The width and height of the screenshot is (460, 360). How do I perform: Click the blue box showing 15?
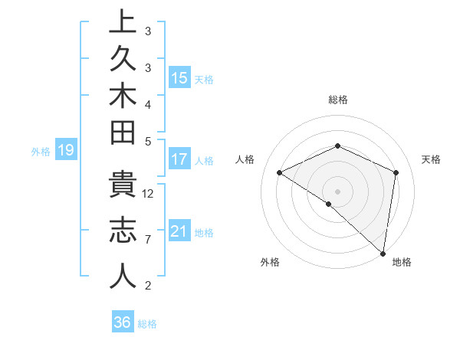tap(179, 78)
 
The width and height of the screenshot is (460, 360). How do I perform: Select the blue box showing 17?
tap(179, 160)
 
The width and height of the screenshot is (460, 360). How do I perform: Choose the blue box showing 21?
tap(179, 231)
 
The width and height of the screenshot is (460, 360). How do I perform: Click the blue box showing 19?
tap(66, 151)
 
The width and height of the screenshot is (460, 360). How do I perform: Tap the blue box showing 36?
tap(123, 322)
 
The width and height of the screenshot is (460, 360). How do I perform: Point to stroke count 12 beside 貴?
tap(149, 193)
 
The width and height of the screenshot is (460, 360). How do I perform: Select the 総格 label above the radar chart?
tap(338, 100)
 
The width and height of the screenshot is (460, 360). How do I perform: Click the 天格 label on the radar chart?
tap(431, 159)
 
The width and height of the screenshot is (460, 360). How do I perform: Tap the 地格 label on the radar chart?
tap(402, 262)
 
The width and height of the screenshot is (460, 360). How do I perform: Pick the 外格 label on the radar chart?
tap(270, 262)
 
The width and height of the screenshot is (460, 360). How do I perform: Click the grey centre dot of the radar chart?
tap(337, 191)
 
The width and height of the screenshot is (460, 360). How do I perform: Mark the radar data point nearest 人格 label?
tap(280, 172)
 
